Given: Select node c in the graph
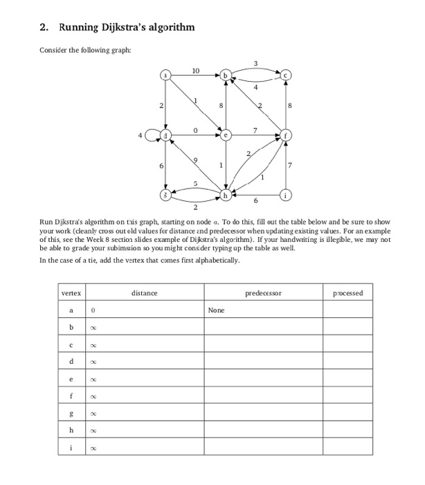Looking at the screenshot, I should click(x=286, y=75).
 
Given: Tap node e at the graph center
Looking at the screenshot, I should click(x=226, y=134).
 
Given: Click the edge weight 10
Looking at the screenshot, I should click(x=196, y=70).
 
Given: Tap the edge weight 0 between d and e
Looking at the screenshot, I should click(x=196, y=129).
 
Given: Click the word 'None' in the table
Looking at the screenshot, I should click(x=217, y=311).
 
